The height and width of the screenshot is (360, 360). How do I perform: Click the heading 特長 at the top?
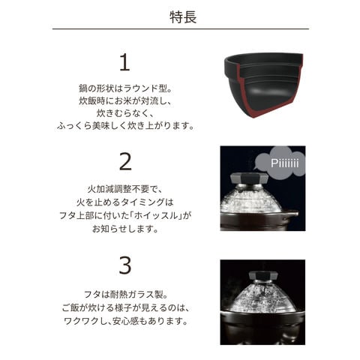(x=183, y=17)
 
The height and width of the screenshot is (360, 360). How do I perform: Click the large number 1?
(x=124, y=63)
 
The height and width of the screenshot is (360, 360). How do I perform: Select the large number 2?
(x=125, y=162)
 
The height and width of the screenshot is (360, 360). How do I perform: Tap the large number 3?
(x=125, y=265)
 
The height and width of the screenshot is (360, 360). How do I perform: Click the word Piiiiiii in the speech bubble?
(x=285, y=163)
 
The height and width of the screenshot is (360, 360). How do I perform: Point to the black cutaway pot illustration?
(x=263, y=85)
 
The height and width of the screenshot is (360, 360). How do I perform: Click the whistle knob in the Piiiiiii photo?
(x=249, y=178)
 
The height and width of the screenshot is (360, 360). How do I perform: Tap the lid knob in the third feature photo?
(x=263, y=275)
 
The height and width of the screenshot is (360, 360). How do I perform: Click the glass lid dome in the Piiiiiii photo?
(x=250, y=199)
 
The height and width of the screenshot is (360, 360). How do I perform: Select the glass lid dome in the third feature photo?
(x=262, y=297)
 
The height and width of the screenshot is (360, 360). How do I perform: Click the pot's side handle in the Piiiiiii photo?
(x=291, y=215)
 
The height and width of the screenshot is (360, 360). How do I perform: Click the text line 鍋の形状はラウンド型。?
(x=125, y=88)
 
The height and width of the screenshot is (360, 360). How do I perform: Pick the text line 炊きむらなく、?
(x=125, y=113)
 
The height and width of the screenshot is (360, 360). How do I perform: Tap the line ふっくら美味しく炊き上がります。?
(x=125, y=126)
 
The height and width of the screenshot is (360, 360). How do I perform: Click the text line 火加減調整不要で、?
(x=125, y=189)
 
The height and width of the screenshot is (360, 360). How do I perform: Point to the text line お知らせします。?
(x=125, y=228)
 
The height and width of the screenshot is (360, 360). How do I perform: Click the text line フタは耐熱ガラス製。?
(x=125, y=294)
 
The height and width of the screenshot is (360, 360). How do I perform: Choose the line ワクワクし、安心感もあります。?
(x=125, y=321)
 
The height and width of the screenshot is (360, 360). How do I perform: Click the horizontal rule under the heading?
(x=181, y=29)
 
